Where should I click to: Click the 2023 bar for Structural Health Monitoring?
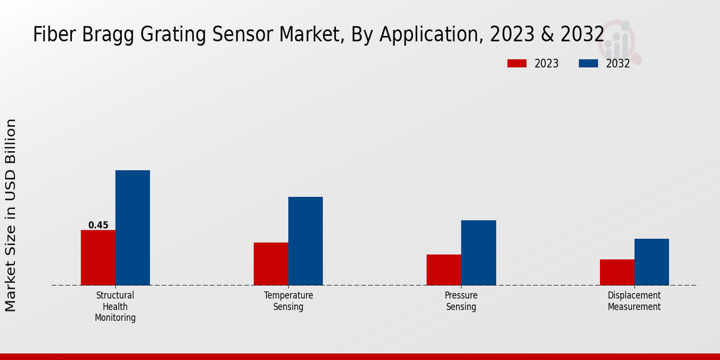pyautogui.click(x=98, y=257)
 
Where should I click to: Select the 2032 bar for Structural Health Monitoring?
pyautogui.click(x=133, y=227)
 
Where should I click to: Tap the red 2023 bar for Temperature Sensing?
pyautogui.click(x=271, y=263)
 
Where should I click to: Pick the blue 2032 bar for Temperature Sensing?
pyautogui.click(x=305, y=241)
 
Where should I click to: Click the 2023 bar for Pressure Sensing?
pyautogui.click(x=443, y=269)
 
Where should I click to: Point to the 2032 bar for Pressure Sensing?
pyautogui.click(x=478, y=253)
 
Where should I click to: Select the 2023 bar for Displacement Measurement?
pyautogui.click(x=617, y=272)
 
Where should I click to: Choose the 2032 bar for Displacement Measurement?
pyautogui.click(x=652, y=262)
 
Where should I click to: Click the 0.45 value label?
pyautogui.click(x=98, y=225)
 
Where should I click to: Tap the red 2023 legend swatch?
pyautogui.click(x=517, y=64)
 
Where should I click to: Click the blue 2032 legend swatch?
pyautogui.click(x=588, y=64)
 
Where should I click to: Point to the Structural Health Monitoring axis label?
pyautogui.click(x=115, y=307)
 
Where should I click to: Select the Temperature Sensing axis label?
pyautogui.click(x=289, y=301)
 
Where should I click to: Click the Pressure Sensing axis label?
pyautogui.click(x=461, y=301)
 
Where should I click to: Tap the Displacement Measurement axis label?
pyautogui.click(x=634, y=301)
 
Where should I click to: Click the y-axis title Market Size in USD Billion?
pyautogui.click(x=11, y=215)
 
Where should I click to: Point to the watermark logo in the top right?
pyautogui.click(x=620, y=41)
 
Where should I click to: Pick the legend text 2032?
pyautogui.click(x=618, y=64)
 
